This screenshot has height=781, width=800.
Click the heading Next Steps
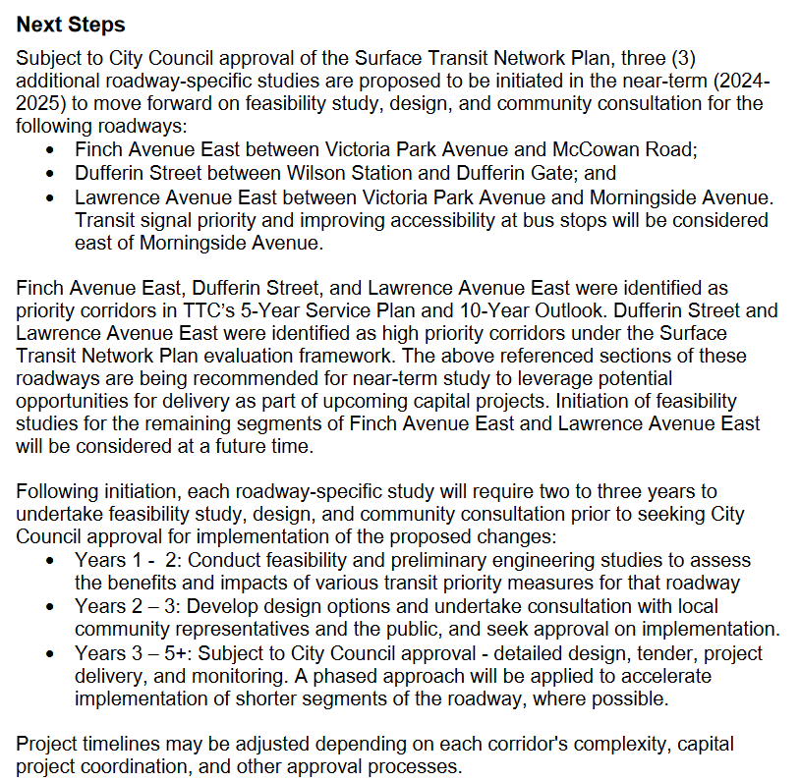click(71, 23)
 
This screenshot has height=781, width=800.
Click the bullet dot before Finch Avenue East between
click(51, 150)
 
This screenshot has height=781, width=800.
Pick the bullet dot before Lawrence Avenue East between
click(51, 197)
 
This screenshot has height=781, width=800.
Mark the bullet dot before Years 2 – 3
click(51, 607)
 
